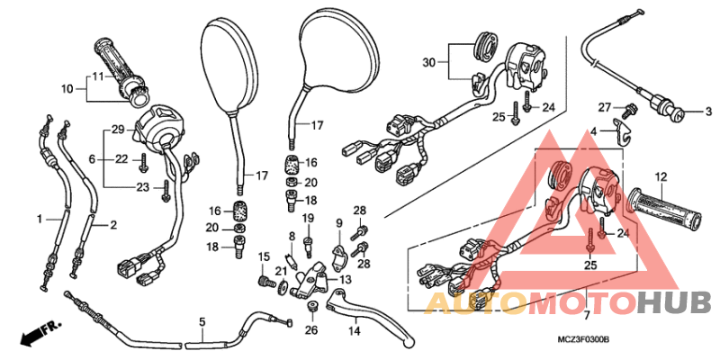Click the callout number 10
67,88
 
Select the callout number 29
117,131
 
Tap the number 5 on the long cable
202,321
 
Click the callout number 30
428,61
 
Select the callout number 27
606,107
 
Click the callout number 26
310,330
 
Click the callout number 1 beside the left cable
39,219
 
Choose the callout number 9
339,223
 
